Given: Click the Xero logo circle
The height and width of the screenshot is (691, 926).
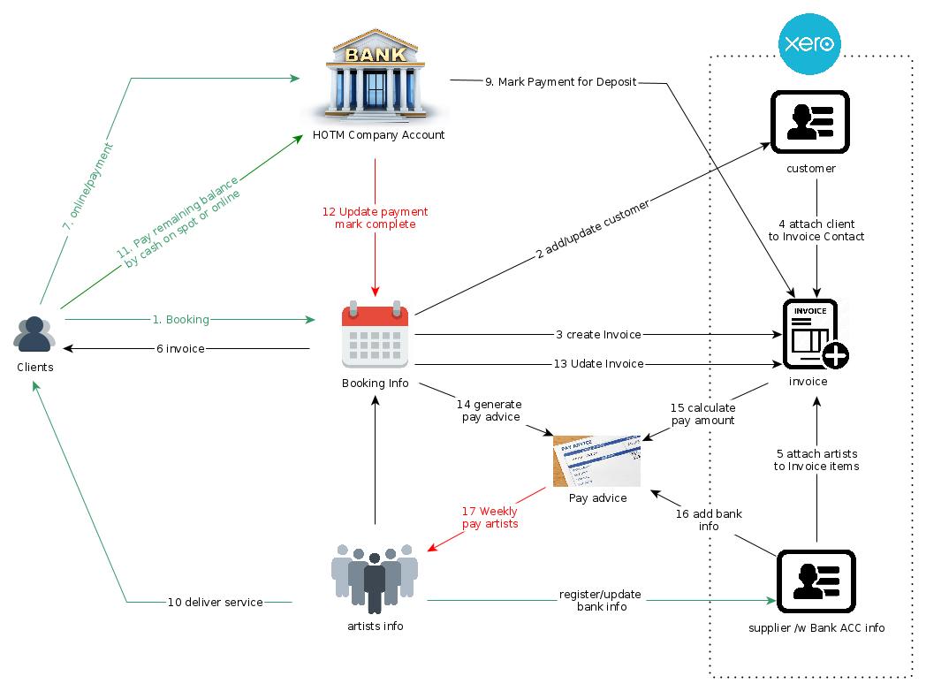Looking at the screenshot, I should (x=809, y=43).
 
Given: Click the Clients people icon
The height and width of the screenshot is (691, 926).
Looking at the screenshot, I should (x=34, y=334).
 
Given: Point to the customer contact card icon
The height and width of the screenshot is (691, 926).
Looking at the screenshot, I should (x=810, y=121).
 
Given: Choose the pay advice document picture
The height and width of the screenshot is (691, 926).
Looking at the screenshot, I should (x=597, y=459).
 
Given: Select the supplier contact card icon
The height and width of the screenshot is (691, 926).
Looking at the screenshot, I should (x=816, y=581).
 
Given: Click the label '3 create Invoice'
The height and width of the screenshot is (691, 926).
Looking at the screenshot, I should (x=598, y=335).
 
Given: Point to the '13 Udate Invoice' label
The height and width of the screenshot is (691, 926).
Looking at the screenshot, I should (x=598, y=364).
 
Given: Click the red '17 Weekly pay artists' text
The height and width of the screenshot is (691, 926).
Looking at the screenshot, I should (x=490, y=518).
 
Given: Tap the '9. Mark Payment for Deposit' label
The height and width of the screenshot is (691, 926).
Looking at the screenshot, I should (x=560, y=82).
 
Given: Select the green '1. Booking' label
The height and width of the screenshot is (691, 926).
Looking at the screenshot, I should (x=181, y=319).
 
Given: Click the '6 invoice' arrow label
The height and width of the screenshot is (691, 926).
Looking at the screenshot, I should (x=180, y=349).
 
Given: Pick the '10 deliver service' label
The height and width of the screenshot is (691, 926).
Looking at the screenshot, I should (x=216, y=603).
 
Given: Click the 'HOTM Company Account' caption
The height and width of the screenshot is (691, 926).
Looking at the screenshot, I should (x=378, y=135).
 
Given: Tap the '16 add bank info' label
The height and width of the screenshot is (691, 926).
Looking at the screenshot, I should (x=709, y=520).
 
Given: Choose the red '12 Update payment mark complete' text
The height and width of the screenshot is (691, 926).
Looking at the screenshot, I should (x=375, y=218).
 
